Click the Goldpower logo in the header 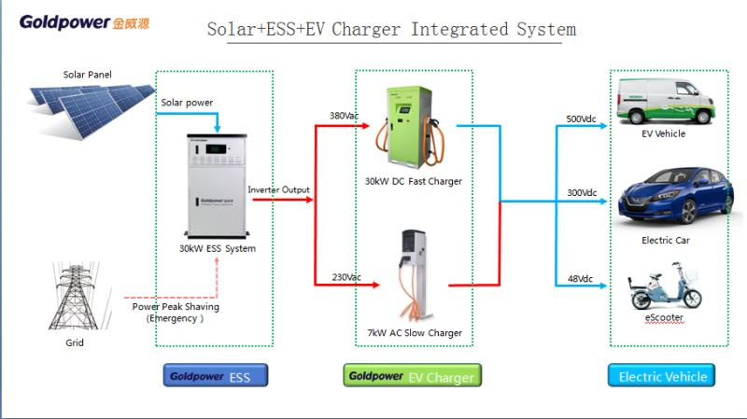pos(84,22)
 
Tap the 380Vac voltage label pos(344,116)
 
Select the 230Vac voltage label pos(346,277)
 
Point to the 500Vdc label pos(581,119)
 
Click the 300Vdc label pos(582,193)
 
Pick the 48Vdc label pos(580,278)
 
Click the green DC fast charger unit pos(411,127)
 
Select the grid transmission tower pos(76,295)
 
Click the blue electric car pos(675,195)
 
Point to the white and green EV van pos(666,102)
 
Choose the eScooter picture pos(665,286)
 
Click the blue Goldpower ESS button pos(216,375)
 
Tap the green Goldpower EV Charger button pos(412,375)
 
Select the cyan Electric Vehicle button pos(661,375)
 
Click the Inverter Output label pos(278,189)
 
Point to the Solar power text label pos(187,103)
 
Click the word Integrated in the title pos(459,30)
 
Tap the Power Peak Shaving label pos(176,307)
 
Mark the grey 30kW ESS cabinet pos(217,186)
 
